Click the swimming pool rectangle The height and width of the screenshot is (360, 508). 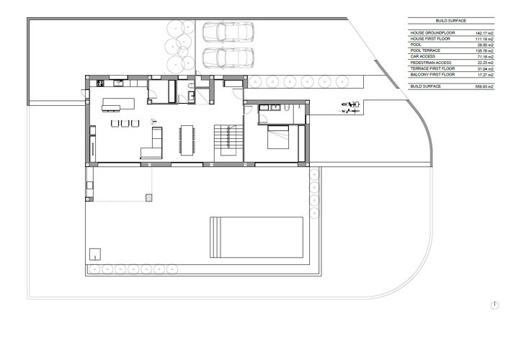(x=257, y=238)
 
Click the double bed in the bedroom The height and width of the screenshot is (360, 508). (x=278, y=137)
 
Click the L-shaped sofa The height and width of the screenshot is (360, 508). (x=152, y=145)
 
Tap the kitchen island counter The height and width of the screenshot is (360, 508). (x=119, y=108)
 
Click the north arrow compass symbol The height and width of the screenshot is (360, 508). (x=494, y=305)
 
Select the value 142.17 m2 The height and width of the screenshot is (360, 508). (x=484, y=33)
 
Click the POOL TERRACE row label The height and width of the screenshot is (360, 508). (x=425, y=51)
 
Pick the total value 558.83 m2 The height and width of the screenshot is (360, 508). (x=484, y=86)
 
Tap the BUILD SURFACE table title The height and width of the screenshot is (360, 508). (x=451, y=21)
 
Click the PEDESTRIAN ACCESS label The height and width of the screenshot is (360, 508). (x=431, y=63)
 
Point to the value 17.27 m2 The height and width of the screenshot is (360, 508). (x=485, y=74)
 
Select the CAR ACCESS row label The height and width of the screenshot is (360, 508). (x=423, y=57)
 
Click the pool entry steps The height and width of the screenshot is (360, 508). (x=215, y=238)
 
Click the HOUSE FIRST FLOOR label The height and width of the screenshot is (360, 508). (x=431, y=39)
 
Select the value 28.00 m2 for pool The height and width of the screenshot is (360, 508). (x=485, y=45)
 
